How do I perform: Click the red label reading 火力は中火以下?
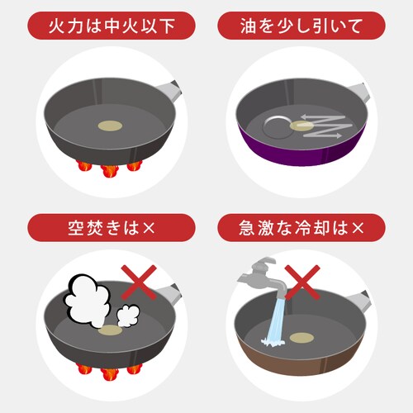pyautogui.click(x=112, y=26)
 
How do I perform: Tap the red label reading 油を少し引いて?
pyautogui.click(x=301, y=26)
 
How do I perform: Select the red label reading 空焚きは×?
pyautogui.click(x=112, y=228)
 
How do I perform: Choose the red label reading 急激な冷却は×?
pyautogui.click(x=301, y=228)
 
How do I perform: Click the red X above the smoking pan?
pyautogui.click(x=139, y=282)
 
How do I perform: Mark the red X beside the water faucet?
pyautogui.click(x=302, y=282)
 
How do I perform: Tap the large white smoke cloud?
pyautogui.click(x=87, y=301)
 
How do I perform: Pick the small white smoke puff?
pyautogui.click(x=128, y=316)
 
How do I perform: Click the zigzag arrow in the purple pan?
pyautogui.click(x=325, y=127)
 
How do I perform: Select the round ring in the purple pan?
pyautogui.click(x=278, y=127)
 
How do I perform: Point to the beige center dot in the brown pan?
pyautogui.click(x=301, y=338)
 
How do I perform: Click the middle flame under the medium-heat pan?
pyautogui.click(x=110, y=171)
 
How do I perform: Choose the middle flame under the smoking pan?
pyautogui.click(x=110, y=373)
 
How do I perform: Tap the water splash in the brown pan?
pyautogui.click(x=273, y=342)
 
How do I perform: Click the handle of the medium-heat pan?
pyautogui.click(x=169, y=89)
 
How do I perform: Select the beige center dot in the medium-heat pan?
pyautogui.click(x=110, y=126)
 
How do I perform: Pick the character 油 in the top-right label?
pyautogui.click(x=249, y=26)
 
